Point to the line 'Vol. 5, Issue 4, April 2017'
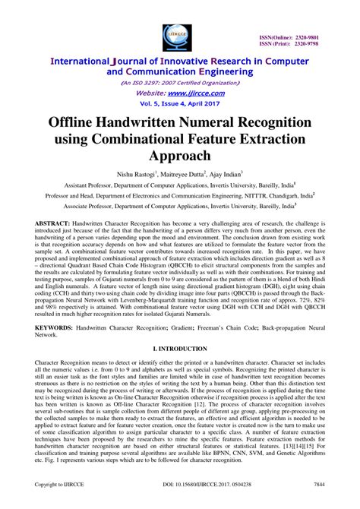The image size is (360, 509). click(179, 100)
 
